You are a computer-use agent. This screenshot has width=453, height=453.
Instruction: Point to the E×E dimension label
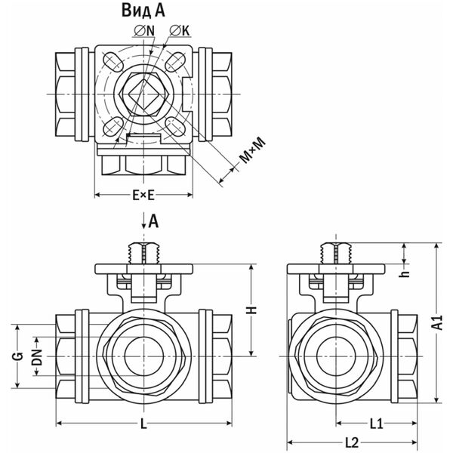(143, 196)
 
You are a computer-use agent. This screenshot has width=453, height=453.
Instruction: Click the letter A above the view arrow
(153, 220)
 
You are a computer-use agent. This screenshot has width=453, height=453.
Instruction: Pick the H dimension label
(254, 310)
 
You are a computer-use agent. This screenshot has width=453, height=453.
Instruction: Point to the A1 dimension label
(436, 324)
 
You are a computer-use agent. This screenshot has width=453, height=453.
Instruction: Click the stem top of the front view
(143, 245)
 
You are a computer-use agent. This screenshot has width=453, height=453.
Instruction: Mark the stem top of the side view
(333, 245)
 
